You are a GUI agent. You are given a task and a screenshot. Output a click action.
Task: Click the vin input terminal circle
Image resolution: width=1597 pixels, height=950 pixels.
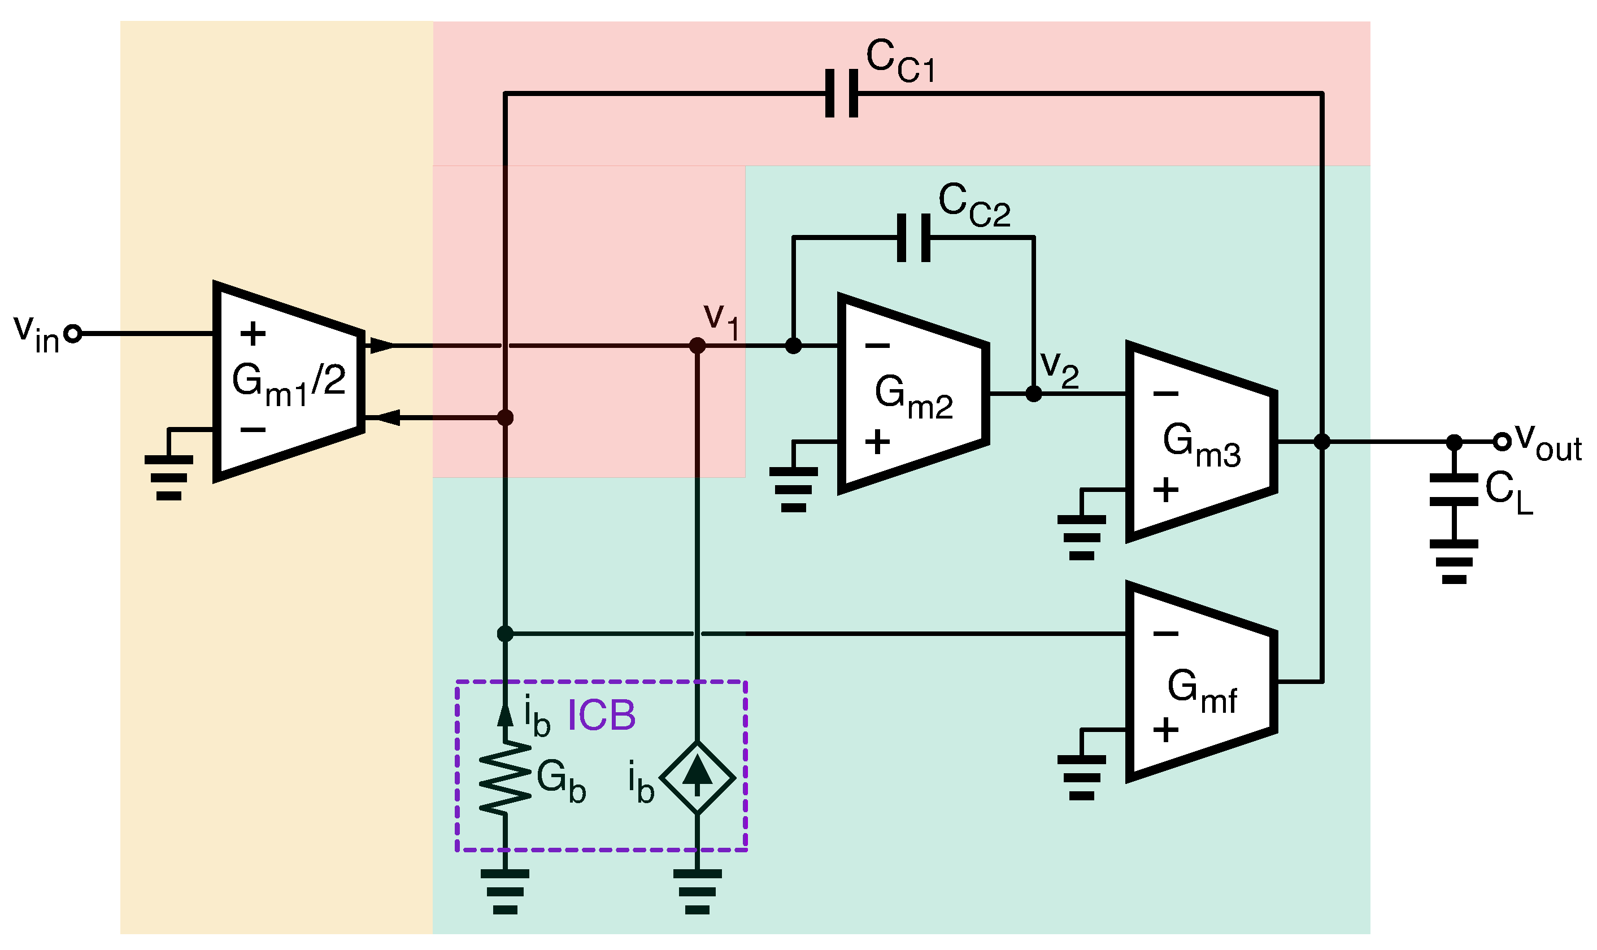point(73,334)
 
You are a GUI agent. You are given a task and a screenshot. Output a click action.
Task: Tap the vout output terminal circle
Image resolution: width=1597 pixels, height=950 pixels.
point(1502,442)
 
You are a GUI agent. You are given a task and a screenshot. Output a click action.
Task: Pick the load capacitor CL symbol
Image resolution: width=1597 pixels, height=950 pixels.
point(1454,490)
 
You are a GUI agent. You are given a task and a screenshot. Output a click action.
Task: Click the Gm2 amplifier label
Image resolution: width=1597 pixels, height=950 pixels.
point(913,397)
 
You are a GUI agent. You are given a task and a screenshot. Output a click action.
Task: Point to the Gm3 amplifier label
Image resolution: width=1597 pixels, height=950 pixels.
point(1202,445)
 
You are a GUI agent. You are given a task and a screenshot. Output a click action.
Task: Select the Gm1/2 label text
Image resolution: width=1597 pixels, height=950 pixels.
point(288,383)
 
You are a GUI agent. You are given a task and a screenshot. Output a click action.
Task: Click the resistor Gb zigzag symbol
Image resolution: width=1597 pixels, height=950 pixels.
point(505,778)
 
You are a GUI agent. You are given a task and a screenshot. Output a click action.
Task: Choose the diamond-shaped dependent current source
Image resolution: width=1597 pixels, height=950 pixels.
point(697,778)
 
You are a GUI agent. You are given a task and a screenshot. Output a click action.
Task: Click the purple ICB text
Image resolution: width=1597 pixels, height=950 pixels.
point(601,715)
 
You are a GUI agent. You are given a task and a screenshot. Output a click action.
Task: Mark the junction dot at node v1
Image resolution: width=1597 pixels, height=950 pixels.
point(697,346)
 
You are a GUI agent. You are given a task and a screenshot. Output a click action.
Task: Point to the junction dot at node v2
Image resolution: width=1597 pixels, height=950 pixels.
point(1034,394)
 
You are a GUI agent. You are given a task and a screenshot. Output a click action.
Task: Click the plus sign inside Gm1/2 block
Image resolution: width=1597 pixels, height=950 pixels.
point(253,334)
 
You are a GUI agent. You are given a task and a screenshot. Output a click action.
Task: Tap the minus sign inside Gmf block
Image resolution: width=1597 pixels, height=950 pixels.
point(1165,634)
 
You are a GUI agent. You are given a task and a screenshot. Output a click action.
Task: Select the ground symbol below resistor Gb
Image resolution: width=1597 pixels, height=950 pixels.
point(505,891)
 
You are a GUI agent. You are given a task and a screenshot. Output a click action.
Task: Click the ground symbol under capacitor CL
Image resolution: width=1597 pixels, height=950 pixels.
point(1454,561)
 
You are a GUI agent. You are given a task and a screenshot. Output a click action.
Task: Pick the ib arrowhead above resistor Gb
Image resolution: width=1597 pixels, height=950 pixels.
point(505,716)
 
